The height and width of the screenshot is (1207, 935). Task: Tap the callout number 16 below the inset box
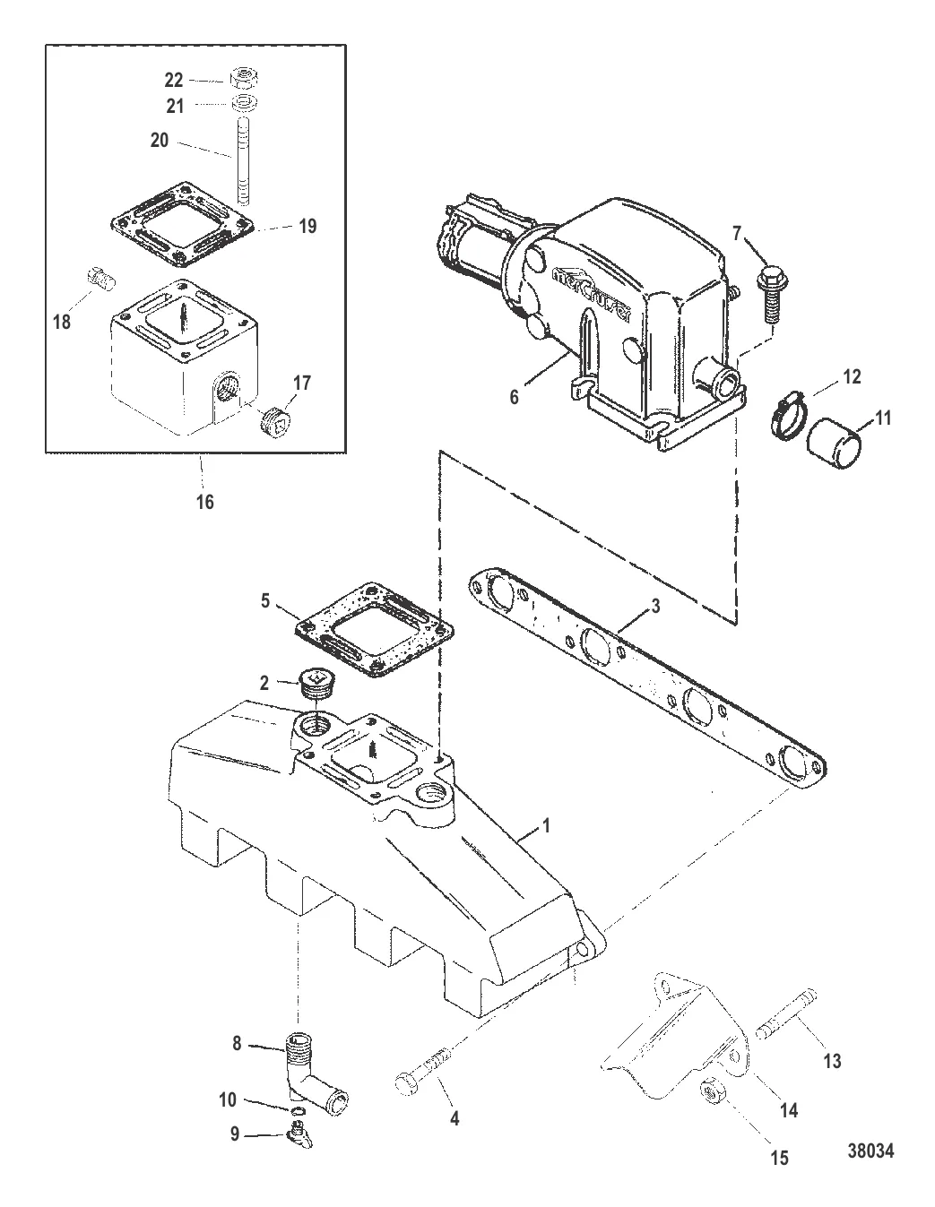[x=205, y=502]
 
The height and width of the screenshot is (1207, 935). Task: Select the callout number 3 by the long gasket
[x=655, y=607]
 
